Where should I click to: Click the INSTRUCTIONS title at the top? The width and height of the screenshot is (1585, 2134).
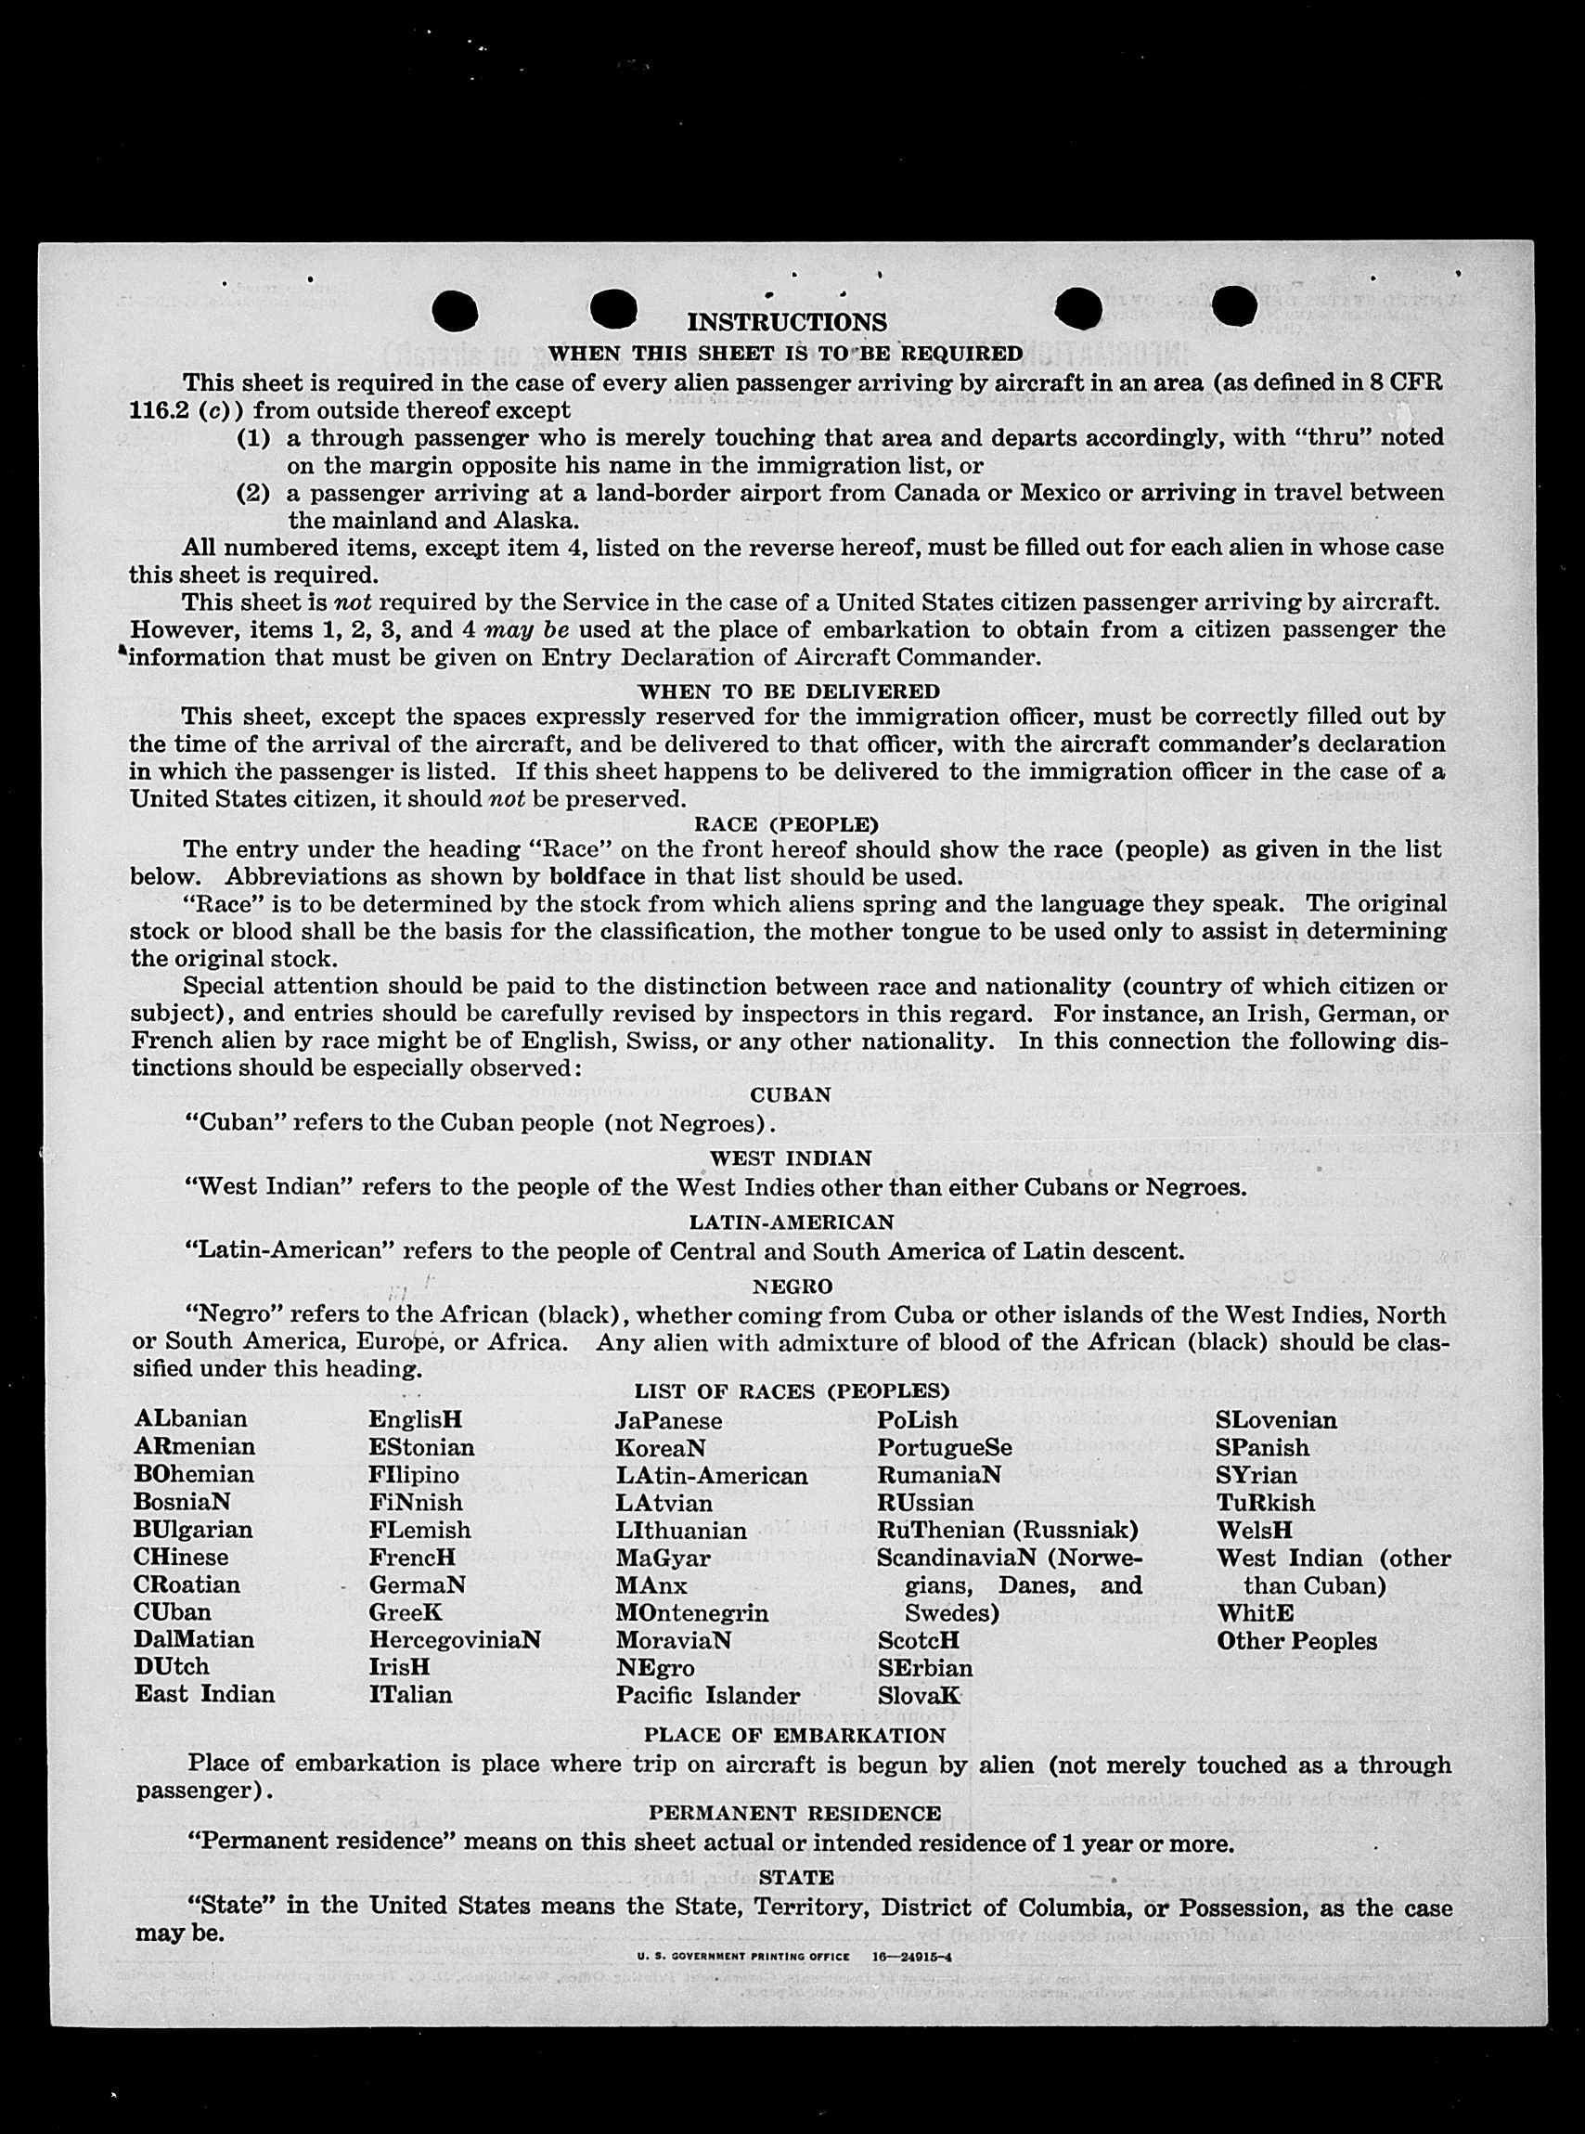(x=787, y=321)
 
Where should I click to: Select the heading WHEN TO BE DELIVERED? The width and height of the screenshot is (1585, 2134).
(x=789, y=691)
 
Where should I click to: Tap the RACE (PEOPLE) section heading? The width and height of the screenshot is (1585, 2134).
(x=786, y=824)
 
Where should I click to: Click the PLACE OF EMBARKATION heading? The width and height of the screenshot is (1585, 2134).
(x=794, y=1735)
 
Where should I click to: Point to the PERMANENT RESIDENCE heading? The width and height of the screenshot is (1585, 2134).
(x=794, y=1813)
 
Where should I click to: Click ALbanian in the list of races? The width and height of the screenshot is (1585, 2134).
(x=191, y=1419)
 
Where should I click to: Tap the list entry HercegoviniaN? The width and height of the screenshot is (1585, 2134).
(x=455, y=1640)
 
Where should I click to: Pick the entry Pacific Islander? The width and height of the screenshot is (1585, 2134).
(x=708, y=1696)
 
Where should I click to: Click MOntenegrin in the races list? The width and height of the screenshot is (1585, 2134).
(x=691, y=1613)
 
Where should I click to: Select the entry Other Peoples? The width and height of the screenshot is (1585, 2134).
(x=1296, y=1641)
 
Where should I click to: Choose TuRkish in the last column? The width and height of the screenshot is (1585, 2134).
(x=1266, y=1503)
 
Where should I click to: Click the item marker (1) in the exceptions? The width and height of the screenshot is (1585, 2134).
(x=253, y=437)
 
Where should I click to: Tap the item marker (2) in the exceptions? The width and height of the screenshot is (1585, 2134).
(x=253, y=493)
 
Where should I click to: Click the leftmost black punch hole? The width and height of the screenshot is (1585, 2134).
(x=455, y=310)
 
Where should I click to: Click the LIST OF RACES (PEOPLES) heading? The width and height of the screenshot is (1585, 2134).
(x=792, y=1391)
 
